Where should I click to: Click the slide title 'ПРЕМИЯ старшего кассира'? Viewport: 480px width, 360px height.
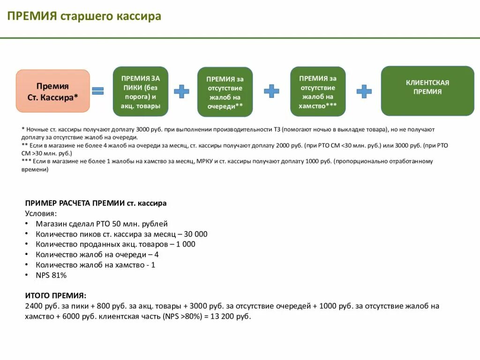84,16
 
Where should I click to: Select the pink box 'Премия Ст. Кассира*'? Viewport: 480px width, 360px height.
52,91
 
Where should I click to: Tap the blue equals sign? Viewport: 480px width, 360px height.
97,91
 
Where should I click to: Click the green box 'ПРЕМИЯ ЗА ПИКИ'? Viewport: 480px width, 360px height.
141,91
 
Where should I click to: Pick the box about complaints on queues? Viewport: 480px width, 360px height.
225,92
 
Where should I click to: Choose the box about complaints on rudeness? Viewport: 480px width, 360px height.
318,91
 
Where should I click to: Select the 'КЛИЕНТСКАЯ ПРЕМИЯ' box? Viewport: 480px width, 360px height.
427,91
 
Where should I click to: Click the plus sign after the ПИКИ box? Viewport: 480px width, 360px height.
181,91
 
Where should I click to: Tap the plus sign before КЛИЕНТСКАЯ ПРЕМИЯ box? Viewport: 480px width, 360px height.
364,91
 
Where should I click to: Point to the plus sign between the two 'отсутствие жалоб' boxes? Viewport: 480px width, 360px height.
271,91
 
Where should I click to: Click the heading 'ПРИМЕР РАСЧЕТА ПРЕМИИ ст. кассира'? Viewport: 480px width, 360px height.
96,203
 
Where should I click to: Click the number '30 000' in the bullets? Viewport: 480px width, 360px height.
195,234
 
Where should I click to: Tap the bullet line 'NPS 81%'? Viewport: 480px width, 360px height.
51,275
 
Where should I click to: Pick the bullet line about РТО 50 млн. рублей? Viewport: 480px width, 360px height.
101,224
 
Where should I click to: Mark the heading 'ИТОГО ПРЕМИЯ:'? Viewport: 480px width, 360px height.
55,296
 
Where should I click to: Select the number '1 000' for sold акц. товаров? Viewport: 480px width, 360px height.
186,244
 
